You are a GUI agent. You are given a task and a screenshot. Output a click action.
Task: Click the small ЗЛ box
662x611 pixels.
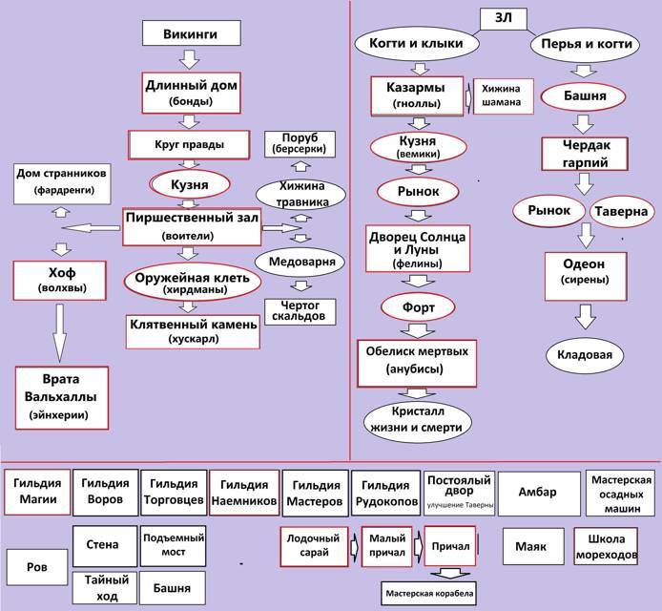point(502,18)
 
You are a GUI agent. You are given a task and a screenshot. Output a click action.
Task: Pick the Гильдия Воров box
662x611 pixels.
point(104,492)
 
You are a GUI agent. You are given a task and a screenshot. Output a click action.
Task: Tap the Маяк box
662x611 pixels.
point(530,546)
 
